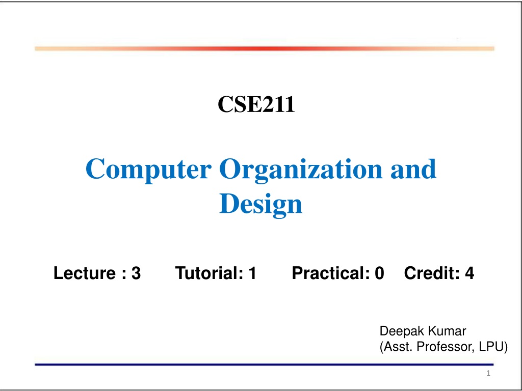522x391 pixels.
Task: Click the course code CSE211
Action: click(x=256, y=104)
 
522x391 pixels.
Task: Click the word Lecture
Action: click(x=85, y=273)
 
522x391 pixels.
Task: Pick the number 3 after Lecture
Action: click(x=136, y=273)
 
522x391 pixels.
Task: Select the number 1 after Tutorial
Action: click(x=252, y=273)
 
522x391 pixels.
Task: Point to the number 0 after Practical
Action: click(x=379, y=273)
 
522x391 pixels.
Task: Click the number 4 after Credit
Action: click(x=469, y=273)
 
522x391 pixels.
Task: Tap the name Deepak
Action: click(x=402, y=331)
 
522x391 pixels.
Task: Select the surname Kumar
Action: click(x=447, y=331)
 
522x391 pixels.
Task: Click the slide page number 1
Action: click(x=488, y=373)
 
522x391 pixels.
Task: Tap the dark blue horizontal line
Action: click(x=264, y=365)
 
